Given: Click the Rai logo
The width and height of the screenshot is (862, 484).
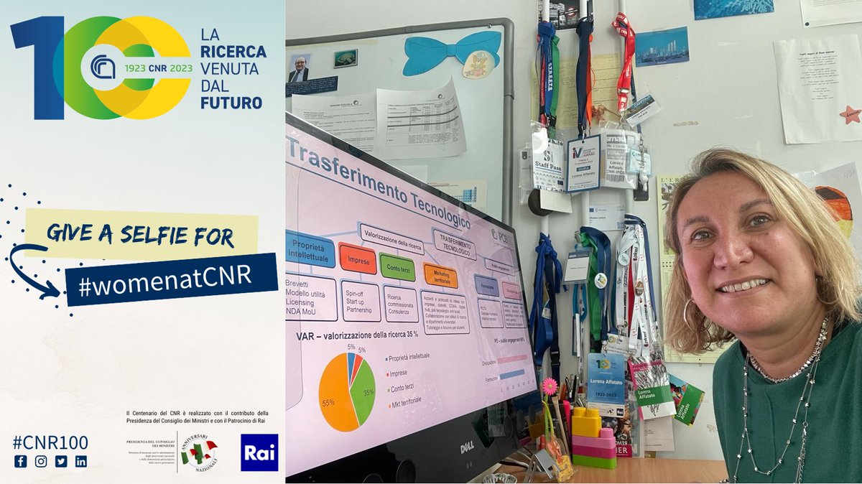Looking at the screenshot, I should (x=259, y=452).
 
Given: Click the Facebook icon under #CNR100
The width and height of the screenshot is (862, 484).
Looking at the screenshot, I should (x=20, y=461).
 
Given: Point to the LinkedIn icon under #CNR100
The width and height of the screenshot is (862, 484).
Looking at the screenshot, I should (x=80, y=461).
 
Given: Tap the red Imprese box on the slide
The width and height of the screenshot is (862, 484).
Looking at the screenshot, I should (x=357, y=259).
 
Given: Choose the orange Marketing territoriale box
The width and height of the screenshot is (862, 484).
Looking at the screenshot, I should (x=440, y=276).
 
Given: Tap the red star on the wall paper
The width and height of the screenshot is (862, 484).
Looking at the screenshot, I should (x=851, y=113).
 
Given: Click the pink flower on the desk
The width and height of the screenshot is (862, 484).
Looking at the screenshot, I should (x=549, y=386).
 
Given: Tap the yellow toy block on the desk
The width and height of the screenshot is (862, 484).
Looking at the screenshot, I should (x=586, y=422).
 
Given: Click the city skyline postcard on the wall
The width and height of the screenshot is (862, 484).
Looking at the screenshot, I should (x=662, y=47).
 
